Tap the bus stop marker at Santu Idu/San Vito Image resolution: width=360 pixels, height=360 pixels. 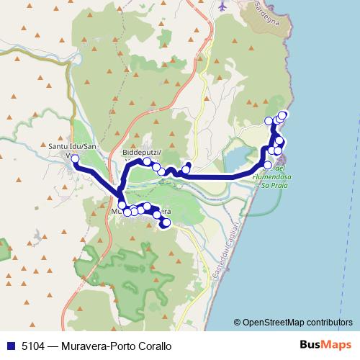click(75, 159)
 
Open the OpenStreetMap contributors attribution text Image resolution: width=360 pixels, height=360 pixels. click(297, 323)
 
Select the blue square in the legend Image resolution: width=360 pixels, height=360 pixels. click(9, 346)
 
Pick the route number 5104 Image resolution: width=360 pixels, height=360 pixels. click(32, 346)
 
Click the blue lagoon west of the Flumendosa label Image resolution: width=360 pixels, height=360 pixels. click(238, 158)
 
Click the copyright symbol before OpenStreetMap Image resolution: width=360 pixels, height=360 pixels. click(237, 323)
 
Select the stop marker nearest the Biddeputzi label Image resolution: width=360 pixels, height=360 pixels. click(147, 161)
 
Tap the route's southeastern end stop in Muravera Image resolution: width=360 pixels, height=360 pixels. click(166, 223)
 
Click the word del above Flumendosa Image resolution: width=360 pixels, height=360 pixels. click(280, 170)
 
